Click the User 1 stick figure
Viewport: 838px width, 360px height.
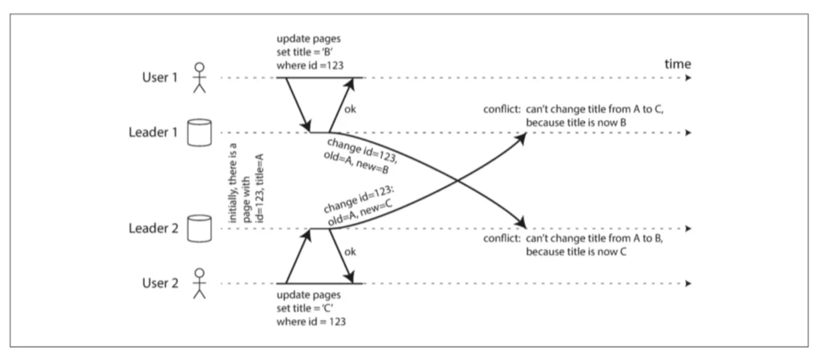(x=200, y=78)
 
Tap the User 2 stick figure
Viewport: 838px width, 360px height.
(x=200, y=283)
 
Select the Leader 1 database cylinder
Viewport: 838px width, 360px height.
(x=200, y=132)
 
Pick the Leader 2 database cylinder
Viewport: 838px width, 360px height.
(x=200, y=228)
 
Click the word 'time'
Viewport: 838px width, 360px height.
(x=677, y=64)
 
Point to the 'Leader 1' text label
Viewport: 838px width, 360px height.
(x=153, y=132)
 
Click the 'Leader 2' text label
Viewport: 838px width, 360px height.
(x=153, y=228)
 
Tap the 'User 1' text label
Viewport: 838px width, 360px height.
(x=160, y=78)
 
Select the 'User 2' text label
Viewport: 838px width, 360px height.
(x=160, y=283)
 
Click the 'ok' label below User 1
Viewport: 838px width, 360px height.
(x=350, y=109)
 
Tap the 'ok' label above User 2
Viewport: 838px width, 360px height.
(x=350, y=252)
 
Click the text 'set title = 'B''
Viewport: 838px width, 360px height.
(x=305, y=52)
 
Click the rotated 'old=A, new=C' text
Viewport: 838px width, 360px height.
(x=360, y=213)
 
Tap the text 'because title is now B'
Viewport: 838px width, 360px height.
(x=576, y=123)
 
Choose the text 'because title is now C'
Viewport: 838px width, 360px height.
(x=576, y=252)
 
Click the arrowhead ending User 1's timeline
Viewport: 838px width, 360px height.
(x=688, y=78)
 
